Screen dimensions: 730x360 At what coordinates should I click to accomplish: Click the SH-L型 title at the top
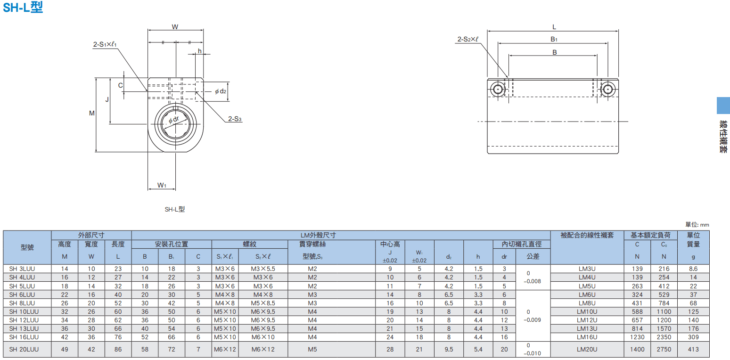(x=23, y=7)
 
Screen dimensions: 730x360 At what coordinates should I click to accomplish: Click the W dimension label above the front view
(x=175, y=27)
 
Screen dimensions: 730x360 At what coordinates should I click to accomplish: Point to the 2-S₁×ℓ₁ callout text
(x=105, y=44)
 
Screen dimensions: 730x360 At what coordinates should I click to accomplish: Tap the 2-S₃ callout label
(x=235, y=119)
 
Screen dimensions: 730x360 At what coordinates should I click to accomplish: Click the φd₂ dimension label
(x=221, y=91)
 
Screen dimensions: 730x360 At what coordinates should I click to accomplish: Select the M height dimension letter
(x=92, y=113)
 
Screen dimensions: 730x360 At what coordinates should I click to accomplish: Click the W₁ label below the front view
(x=162, y=185)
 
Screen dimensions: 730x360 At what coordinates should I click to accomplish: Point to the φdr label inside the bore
(x=174, y=120)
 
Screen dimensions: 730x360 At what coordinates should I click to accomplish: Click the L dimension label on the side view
(x=554, y=27)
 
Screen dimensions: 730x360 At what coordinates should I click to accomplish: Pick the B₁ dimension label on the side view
(x=554, y=39)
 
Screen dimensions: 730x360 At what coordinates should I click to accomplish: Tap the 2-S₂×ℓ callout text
(x=468, y=39)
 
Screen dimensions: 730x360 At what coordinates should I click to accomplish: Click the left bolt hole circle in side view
(x=498, y=89)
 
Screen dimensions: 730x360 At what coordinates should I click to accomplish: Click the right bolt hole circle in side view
(x=608, y=89)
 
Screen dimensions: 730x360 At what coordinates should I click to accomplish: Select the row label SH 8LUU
(x=22, y=303)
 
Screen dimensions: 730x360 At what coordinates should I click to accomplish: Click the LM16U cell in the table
(x=587, y=337)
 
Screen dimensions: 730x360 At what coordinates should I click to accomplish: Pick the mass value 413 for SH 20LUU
(x=693, y=349)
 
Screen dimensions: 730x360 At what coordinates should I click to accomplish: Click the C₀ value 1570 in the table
(x=664, y=329)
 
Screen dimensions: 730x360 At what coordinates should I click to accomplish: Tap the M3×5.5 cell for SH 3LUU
(x=263, y=269)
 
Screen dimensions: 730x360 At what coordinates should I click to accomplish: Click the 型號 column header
(x=27, y=247)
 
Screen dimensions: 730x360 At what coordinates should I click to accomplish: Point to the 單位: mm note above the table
(x=697, y=224)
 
